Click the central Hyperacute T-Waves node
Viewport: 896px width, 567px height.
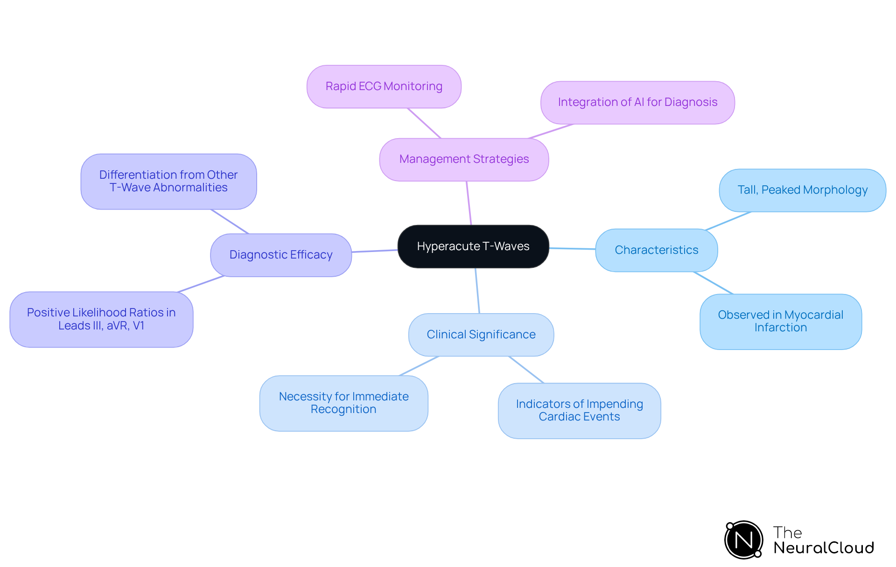click(473, 246)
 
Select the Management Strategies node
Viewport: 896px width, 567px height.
click(464, 160)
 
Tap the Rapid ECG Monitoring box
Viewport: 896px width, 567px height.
click(384, 87)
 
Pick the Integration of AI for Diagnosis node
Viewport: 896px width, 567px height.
click(637, 103)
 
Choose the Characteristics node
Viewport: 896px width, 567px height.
click(656, 250)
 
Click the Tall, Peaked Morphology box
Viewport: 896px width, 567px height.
click(802, 190)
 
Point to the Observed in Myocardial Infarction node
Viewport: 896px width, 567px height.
click(780, 322)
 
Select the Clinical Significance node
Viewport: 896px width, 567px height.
click(481, 335)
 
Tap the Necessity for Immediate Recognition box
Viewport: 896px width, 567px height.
click(343, 403)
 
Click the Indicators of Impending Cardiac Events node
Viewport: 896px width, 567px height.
click(579, 411)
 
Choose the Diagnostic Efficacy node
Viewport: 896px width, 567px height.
click(280, 255)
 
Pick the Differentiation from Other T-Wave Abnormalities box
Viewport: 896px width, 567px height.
click(168, 182)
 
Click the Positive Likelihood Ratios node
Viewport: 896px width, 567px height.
click(101, 319)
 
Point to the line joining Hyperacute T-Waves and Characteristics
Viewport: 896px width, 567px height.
click(572, 249)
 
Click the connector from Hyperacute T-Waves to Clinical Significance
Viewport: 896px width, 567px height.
click(477, 290)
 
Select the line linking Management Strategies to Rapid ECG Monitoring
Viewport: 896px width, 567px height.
click(424, 123)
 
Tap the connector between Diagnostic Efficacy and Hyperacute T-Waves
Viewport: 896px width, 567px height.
click(374, 251)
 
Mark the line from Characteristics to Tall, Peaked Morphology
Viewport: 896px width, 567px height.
click(728, 221)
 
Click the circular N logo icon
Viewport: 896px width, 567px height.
click(743, 540)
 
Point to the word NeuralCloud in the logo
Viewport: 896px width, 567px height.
click(823, 548)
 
